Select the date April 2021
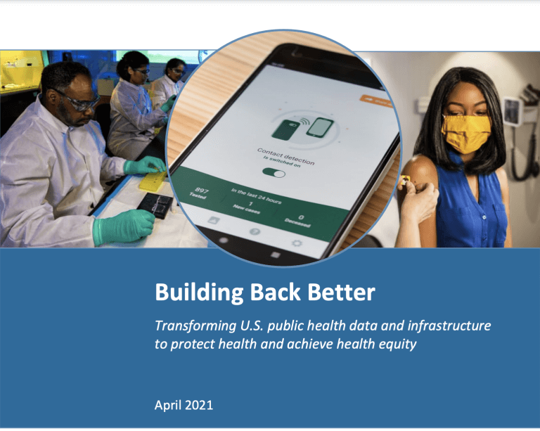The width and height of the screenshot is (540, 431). (x=183, y=404)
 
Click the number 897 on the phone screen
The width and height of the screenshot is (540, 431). (x=202, y=190)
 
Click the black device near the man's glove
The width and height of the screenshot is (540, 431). (x=155, y=205)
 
